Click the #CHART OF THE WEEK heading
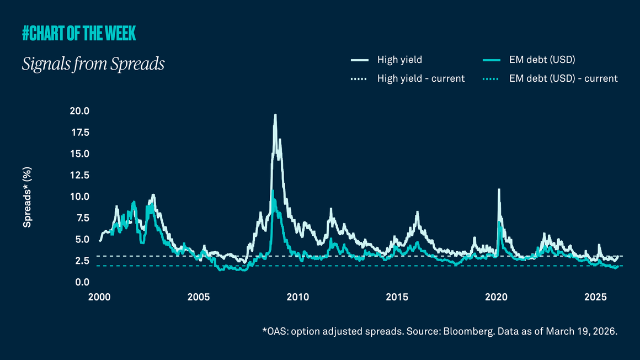(79, 34)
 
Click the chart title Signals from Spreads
(93, 64)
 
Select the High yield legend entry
(399, 60)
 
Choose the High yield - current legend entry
(420, 78)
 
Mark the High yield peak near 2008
(275, 115)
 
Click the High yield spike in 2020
(499, 190)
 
